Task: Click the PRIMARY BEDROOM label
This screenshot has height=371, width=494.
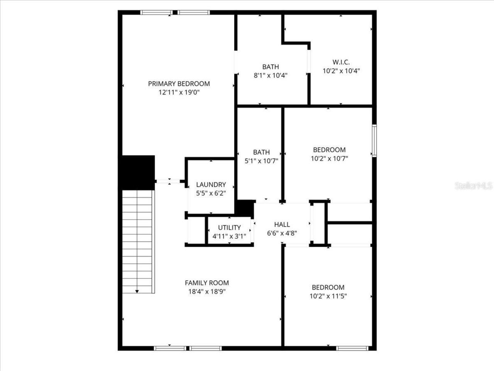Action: point(179,83)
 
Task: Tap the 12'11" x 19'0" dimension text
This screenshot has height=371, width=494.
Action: point(179,93)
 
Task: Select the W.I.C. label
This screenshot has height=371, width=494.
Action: point(341,62)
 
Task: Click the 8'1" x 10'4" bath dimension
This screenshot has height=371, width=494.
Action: point(270,76)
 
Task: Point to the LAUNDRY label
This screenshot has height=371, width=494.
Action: point(211,185)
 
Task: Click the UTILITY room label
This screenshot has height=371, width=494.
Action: point(229,228)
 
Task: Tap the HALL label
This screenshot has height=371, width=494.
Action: point(282,225)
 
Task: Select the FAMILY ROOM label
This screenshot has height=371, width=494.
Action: point(206,283)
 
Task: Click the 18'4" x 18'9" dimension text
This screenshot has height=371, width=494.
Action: point(206,292)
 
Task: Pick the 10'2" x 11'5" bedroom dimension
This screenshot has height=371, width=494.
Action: point(328,296)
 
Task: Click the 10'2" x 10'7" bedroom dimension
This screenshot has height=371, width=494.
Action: point(329,158)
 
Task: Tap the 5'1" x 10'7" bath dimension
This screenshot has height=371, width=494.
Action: point(261,161)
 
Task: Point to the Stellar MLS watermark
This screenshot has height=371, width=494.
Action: point(474,186)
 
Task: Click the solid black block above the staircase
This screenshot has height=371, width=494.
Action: point(138,172)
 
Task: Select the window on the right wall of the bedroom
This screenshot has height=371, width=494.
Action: point(374,140)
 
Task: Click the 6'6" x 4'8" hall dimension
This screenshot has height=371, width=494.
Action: point(282,233)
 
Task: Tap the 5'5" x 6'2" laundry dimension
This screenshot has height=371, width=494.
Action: point(211,194)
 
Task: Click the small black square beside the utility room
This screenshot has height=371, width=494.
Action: point(245,208)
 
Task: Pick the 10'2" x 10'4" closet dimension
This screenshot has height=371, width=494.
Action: point(341,71)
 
